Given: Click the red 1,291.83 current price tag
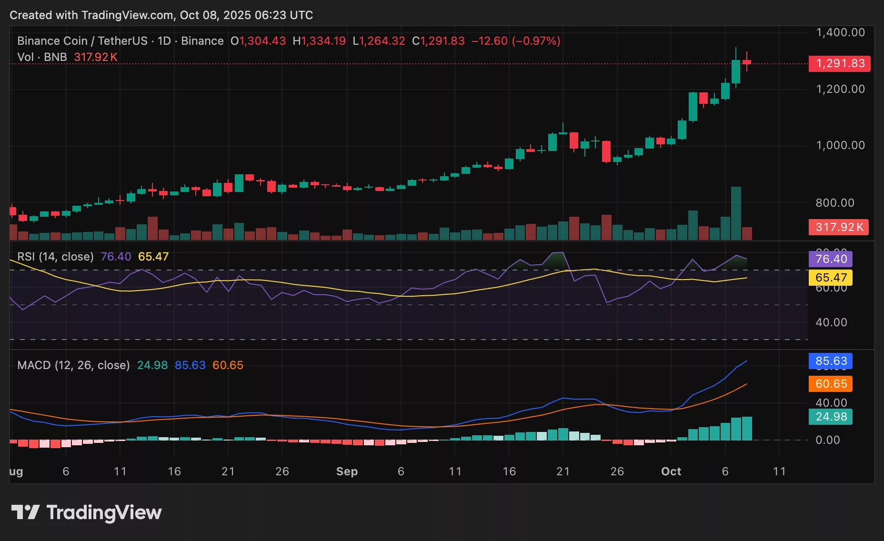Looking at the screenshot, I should pos(839,63).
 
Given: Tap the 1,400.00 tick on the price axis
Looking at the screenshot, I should pos(840,32).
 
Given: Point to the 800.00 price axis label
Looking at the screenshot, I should pos(834,203).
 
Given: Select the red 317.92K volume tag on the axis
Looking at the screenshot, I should pos(839,227).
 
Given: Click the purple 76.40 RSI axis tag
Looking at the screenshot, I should pos(831,259).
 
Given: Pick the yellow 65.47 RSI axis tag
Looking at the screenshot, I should pos(831,278).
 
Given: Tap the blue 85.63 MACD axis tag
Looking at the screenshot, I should pos(831,361).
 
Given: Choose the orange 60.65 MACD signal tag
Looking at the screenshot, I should pos(831,384).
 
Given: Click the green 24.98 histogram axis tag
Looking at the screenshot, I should pos(831,417).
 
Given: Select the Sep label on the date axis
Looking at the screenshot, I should pos(347,471).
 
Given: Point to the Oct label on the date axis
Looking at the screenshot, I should pos(671,471).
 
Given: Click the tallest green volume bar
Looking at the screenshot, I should pos(736,213).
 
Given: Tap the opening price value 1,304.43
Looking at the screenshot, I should pos(262,41).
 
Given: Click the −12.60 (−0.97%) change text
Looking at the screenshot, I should pos(516,41).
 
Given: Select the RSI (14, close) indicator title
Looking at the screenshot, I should pos(55,257).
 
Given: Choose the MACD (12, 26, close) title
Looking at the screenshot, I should pos(73,365).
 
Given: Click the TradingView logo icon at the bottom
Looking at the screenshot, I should pos(25,512).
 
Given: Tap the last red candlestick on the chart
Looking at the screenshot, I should pos(747,62).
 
